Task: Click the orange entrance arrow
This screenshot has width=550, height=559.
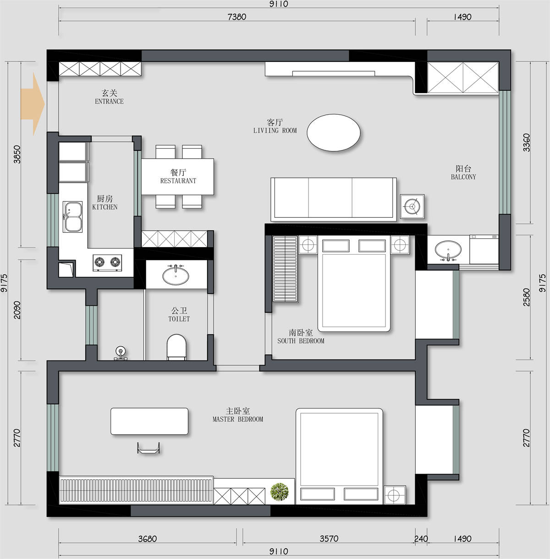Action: pos(33,104)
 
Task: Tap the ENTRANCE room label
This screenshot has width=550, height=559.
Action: pos(109,101)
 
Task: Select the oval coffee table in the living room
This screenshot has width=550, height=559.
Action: pos(333,133)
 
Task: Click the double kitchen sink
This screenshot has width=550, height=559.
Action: pos(73,217)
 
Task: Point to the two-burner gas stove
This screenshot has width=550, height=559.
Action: pos(107,262)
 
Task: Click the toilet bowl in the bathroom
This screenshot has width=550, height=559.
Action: pos(176,347)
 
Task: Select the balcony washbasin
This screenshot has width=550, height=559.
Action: pos(448,250)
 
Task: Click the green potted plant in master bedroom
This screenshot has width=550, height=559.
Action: pos(280,492)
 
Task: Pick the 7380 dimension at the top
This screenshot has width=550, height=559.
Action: pos(237,17)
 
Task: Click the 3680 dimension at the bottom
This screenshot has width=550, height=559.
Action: pos(147,539)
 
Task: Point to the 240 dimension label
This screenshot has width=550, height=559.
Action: pos(421,539)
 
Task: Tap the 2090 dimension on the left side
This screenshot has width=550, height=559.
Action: pos(17,310)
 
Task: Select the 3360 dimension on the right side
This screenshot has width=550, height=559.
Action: pos(527,143)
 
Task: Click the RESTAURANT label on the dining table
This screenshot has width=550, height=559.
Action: pos(178,181)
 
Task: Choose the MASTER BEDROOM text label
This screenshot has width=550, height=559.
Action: pos(238,419)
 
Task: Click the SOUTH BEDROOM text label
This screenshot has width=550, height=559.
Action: pos(301,341)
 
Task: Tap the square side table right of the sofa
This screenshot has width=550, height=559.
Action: pos(412,206)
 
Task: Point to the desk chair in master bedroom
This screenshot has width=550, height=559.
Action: pos(148,448)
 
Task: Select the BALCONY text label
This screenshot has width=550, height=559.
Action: pos(463,177)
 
